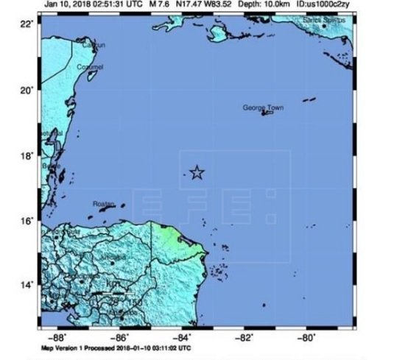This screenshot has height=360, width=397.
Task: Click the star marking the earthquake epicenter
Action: [x=197, y=172]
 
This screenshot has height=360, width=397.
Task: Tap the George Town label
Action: [x=263, y=108]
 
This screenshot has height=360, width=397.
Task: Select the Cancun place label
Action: [x=93, y=46]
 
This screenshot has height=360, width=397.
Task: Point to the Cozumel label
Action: [x=90, y=67]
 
